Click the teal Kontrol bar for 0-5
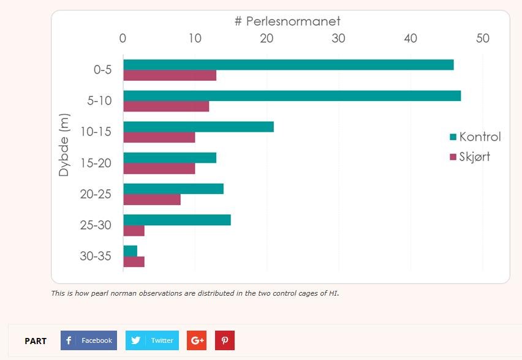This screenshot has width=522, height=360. point(288,65)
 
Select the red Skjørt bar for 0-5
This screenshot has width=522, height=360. point(170,76)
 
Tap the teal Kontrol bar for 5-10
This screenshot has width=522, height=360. point(292,96)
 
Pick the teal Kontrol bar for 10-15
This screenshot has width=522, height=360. point(199,127)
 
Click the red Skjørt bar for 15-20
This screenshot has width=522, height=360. point(159,168)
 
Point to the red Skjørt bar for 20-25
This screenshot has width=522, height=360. point(152,200)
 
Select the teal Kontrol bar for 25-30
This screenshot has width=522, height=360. point(177,220)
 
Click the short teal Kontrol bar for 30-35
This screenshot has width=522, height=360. point(130,251)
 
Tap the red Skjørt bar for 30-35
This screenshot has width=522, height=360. point(134,262)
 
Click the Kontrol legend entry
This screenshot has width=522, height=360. point(475,137)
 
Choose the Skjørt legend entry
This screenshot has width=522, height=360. point(470,157)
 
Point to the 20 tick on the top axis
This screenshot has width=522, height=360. point(267,38)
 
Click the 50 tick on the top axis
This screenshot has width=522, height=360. point(483,38)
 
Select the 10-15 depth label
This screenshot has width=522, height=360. point(96,132)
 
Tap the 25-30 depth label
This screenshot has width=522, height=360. point(96,225)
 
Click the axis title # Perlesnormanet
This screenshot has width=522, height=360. point(287,21)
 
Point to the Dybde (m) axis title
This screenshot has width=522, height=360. point(64,144)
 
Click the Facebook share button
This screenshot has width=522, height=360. point(89,340)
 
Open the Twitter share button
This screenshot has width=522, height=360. point(152,340)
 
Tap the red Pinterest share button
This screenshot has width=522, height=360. point(225,340)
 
